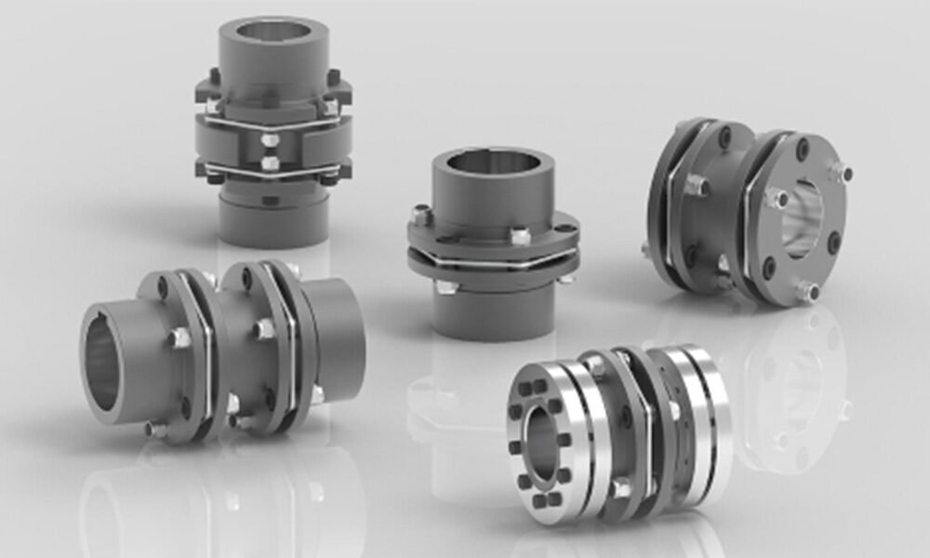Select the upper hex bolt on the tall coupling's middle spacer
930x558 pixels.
pyautogui.click(x=271, y=140)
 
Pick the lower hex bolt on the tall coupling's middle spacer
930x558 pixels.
pyautogui.click(x=271, y=163)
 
